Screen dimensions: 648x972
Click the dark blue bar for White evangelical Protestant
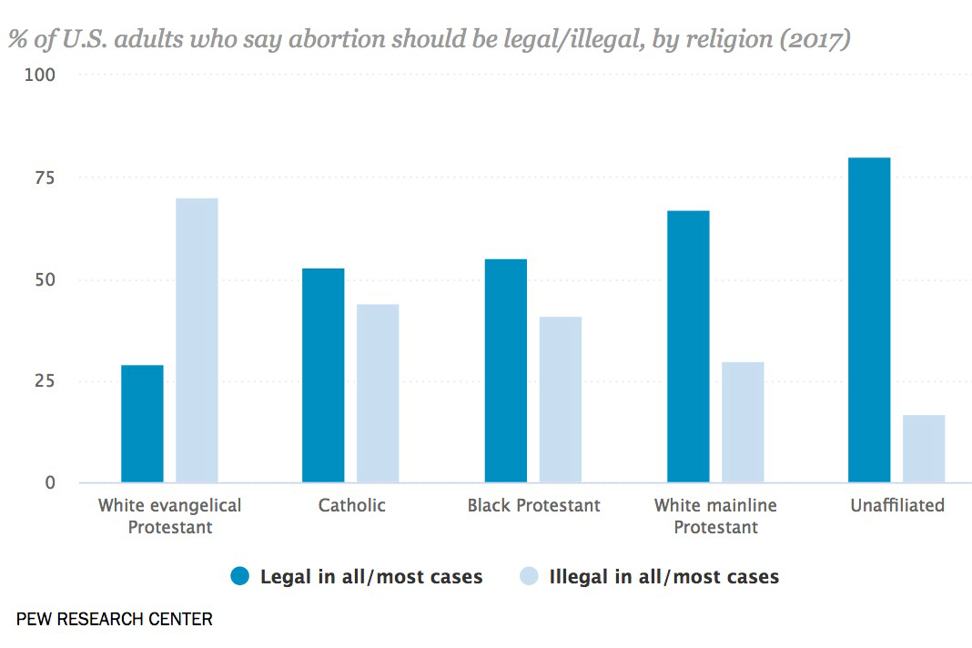point(142,423)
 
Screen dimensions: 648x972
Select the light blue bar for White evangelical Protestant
point(197,340)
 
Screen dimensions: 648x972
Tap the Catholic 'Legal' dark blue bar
point(323,375)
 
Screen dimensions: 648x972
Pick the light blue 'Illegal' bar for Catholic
point(378,393)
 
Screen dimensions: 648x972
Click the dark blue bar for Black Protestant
point(505,370)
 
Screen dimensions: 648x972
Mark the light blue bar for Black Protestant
point(560,400)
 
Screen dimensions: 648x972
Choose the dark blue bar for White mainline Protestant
point(688,346)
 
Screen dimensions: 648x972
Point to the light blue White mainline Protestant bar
point(743,422)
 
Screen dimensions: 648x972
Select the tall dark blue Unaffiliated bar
point(869,319)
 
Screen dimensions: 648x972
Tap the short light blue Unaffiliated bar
point(924,449)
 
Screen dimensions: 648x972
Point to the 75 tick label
point(46,177)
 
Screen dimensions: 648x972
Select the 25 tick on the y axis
point(46,380)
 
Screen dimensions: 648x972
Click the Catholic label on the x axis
point(352,505)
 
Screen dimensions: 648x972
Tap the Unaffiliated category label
point(897,505)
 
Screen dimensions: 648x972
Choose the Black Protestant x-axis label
point(533,505)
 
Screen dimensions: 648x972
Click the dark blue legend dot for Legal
point(240,576)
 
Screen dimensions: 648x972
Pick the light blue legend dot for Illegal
point(529,576)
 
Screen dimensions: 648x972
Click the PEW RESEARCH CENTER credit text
point(115,620)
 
